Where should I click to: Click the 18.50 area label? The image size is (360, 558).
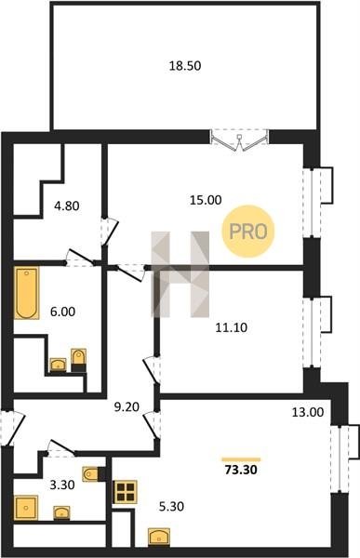pyautogui.click(x=185, y=66)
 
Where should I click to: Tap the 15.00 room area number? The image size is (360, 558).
pyautogui.click(x=206, y=200)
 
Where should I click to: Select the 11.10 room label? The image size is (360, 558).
pyautogui.click(x=232, y=327)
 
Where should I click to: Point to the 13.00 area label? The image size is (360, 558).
pyautogui.click(x=308, y=412)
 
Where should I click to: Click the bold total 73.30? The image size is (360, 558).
pyautogui.click(x=241, y=470)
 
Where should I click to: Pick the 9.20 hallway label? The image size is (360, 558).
pyautogui.click(x=127, y=406)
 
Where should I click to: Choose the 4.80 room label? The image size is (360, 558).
pyautogui.click(x=67, y=206)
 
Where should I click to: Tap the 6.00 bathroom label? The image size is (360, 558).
pyautogui.click(x=62, y=312)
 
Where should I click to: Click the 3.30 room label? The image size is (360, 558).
pyautogui.click(x=62, y=485)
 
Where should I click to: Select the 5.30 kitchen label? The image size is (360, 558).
pyautogui.click(x=171, y=506)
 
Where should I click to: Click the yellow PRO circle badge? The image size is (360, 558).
pyautogui.click(x=248, y=232)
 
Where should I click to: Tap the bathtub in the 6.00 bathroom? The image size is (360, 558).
pyautogui.click(x=27, y=293)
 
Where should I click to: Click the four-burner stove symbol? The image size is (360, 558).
pyautogui.click(x=125, y=492)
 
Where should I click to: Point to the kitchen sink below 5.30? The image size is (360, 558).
pyautogui.click(x=159, y=537)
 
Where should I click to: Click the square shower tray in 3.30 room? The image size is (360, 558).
pyautogui.click(x=26, y=508)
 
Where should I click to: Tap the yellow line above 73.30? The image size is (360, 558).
pyautogui.click(x=241, y=459)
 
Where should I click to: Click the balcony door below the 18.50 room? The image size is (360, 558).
pyautogui.click(x=240, y=139)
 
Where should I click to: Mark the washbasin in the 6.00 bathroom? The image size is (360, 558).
pyautogui.click(x=58, y=365)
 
